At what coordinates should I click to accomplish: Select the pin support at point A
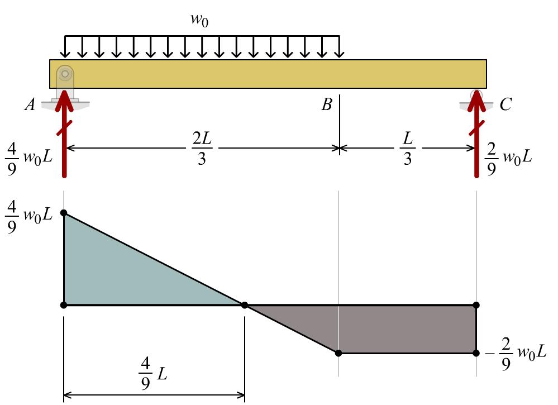(65, 78)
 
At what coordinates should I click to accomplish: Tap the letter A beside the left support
(30, 104)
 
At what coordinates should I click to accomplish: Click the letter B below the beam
(327, 104)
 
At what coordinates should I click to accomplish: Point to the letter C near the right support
(505, 104)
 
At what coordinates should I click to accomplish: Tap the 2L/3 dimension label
(202, 149)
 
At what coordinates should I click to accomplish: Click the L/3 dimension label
(407, 149)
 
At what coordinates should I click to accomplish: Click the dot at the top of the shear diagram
(64, 213)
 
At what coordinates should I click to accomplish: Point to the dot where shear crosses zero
(245, 305)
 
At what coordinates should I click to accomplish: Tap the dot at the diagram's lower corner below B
(338, 353)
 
